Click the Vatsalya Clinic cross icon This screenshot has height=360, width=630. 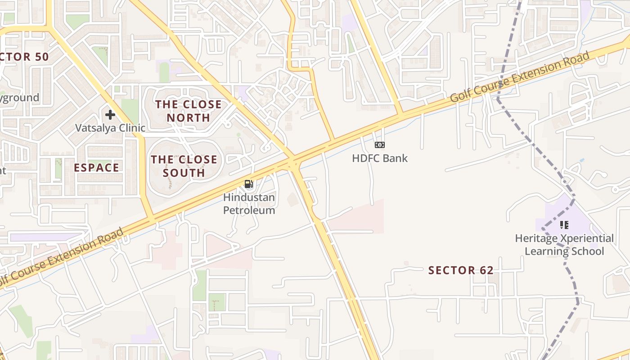pyautogui.click(x=110, y=115)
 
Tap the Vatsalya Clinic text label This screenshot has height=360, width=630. pyautogui.click(x=110, y=128)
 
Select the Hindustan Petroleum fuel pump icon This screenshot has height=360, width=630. pyautogui.click(x=248, y=184)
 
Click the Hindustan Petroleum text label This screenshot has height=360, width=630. pyautogui.click(x=249, y=204)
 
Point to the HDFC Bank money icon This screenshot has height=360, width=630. pyautogui.click(x=380, y=145)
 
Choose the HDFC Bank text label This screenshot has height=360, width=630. pyautogui.click(x=380, y=158)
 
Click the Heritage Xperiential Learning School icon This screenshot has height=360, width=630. pyautogui.click(x=564, y=225)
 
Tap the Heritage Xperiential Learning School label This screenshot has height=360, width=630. pyautogui.click(x=564, y=244)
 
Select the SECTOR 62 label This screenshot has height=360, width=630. pyautogui.click(x=461, y=270)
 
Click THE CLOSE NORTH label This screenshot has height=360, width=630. pyautogui.click(x=189, y=111)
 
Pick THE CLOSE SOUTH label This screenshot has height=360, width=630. pyautogui.click(x=184, y=166)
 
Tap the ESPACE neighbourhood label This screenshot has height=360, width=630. pyautogui.click(x=97, y=168)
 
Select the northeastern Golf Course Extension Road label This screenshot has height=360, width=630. pyautogui.click(x=520, y=77)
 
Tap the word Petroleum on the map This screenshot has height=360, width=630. pyautogui.click(x=249, y=210)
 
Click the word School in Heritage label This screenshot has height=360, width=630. pyautogui.click(x=586, y=251)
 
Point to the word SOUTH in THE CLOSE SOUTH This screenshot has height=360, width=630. pyautogui.click(x=184, y=173)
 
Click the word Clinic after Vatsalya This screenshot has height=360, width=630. pyautogui.click(x=130, y=128)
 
